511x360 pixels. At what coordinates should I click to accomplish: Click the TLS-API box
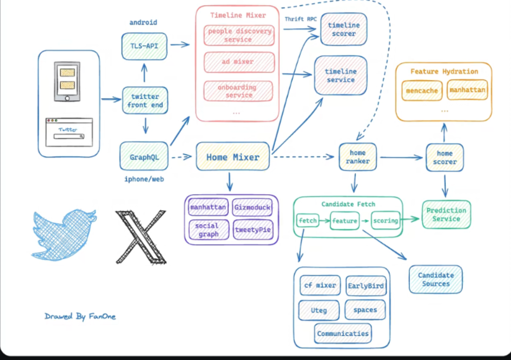click(144, 46)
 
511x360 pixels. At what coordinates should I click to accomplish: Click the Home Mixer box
click(233, 157)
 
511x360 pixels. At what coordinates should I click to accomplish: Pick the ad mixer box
click(239, 62)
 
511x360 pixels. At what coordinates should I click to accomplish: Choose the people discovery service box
click(239, 35)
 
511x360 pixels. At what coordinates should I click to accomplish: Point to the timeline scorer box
click(344, 29)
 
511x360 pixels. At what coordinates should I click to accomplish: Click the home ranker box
click(358, 157)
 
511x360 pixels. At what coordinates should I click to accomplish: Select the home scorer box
click(445, 158)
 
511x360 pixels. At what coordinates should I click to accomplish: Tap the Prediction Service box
click(447, 215)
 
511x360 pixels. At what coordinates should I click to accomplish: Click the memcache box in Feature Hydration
click(422, 91)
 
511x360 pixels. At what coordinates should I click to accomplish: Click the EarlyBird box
click(366, 286)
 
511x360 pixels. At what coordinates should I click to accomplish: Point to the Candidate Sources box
click(436, 279)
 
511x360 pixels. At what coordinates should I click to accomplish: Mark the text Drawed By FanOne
click(80, 317)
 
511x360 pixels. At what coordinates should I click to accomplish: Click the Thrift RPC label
click(301, 19)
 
